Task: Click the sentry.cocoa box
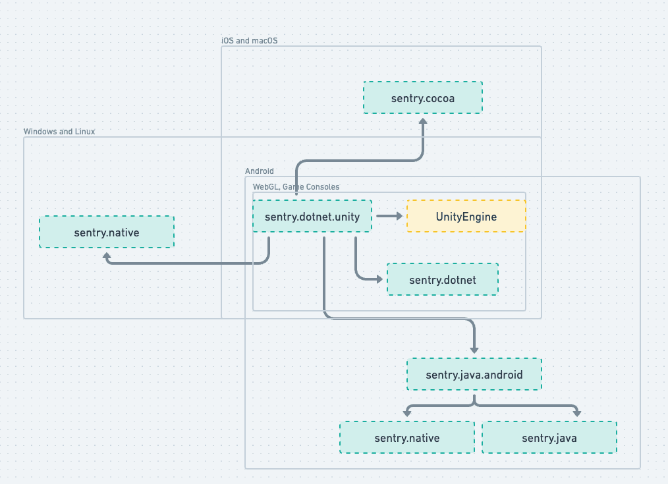point(423,97)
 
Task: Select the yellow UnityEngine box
point(466,216)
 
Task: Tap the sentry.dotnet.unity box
point(312,216)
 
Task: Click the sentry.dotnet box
point(442,279)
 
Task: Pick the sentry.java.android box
point(474,374)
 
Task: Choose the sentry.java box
point(549,437)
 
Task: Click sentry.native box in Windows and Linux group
point(107,232)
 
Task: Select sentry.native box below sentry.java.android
point(406,437)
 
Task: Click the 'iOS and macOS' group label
point(250,41)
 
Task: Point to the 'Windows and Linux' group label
point(59,132)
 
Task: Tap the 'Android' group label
point(259,171)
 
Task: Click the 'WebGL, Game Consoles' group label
point(296,187)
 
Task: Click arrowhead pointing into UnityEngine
point(399,216)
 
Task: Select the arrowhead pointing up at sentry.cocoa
point(423,121)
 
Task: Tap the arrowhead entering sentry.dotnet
point(379,279)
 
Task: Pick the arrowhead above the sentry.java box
point(577,413)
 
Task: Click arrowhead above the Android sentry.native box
point(407,413)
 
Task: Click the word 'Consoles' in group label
point(323,187)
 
